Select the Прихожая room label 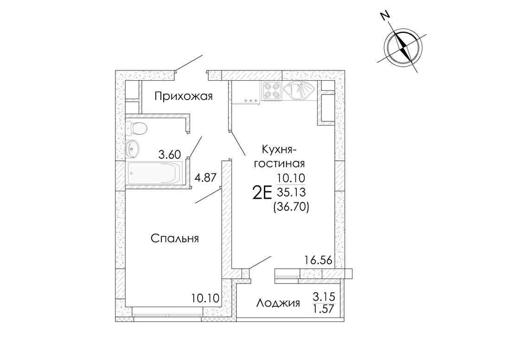(x=184, y=96)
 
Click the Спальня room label (x=175, y=239)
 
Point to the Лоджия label (x=278, y=303)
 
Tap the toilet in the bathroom (x=136, y=128)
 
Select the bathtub (x=155, y=173)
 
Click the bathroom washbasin (x=133, y=148)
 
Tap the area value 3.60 (x=169, y=155)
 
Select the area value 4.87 (x=205, y=178)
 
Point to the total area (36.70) (x=291, y=206)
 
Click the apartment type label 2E (x=262, y=194)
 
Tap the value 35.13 (x=291, y=192)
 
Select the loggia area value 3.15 (x=324, y=297)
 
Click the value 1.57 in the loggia (x=324, y=308)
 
